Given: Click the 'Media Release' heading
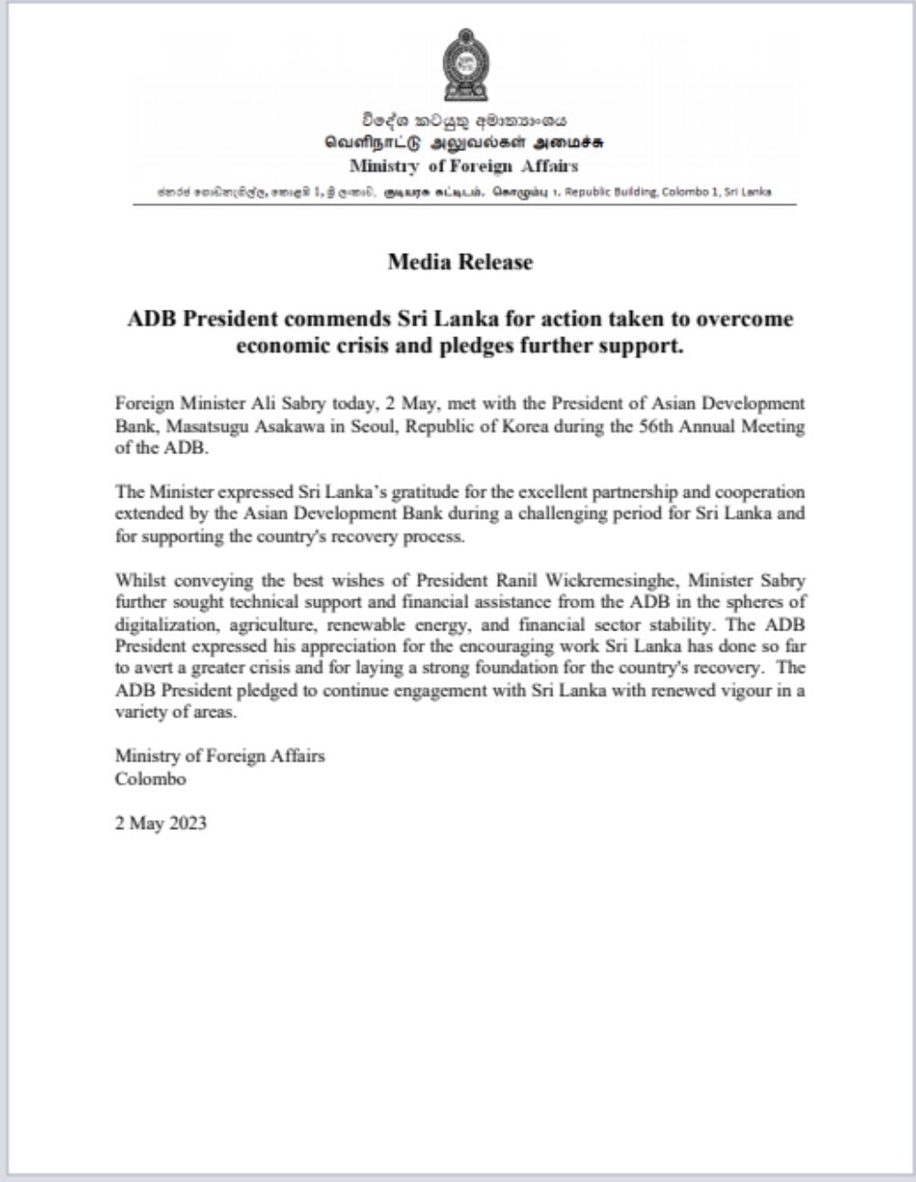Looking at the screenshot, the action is coord(460,262).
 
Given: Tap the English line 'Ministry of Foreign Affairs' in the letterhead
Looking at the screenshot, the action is coord(463,166).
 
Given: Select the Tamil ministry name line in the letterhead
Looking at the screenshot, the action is coord(464,143).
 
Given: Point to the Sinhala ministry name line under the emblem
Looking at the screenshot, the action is coord(464,120).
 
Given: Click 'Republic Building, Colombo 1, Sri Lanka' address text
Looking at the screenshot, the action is coord(680,192).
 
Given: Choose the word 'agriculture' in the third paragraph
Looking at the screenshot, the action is coord(258,625).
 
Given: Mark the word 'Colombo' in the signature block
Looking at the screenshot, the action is coord(150,779).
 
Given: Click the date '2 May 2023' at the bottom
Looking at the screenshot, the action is coord(160,823).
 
